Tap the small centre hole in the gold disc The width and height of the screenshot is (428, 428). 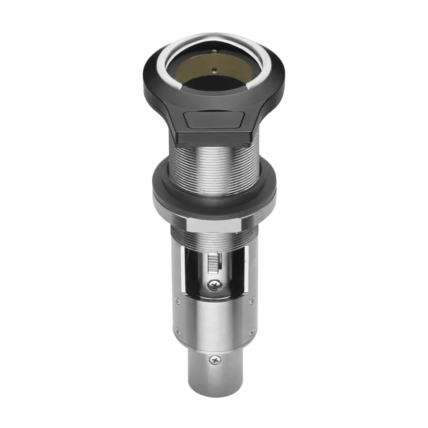[214, 70]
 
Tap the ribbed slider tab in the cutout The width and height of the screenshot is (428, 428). [213, 263]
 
